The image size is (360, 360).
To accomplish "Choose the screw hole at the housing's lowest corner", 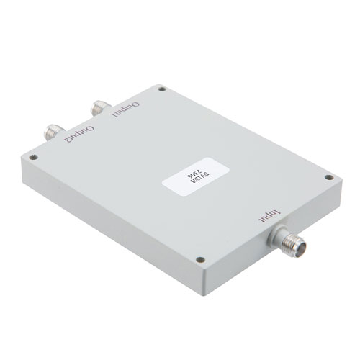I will [202, 261].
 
